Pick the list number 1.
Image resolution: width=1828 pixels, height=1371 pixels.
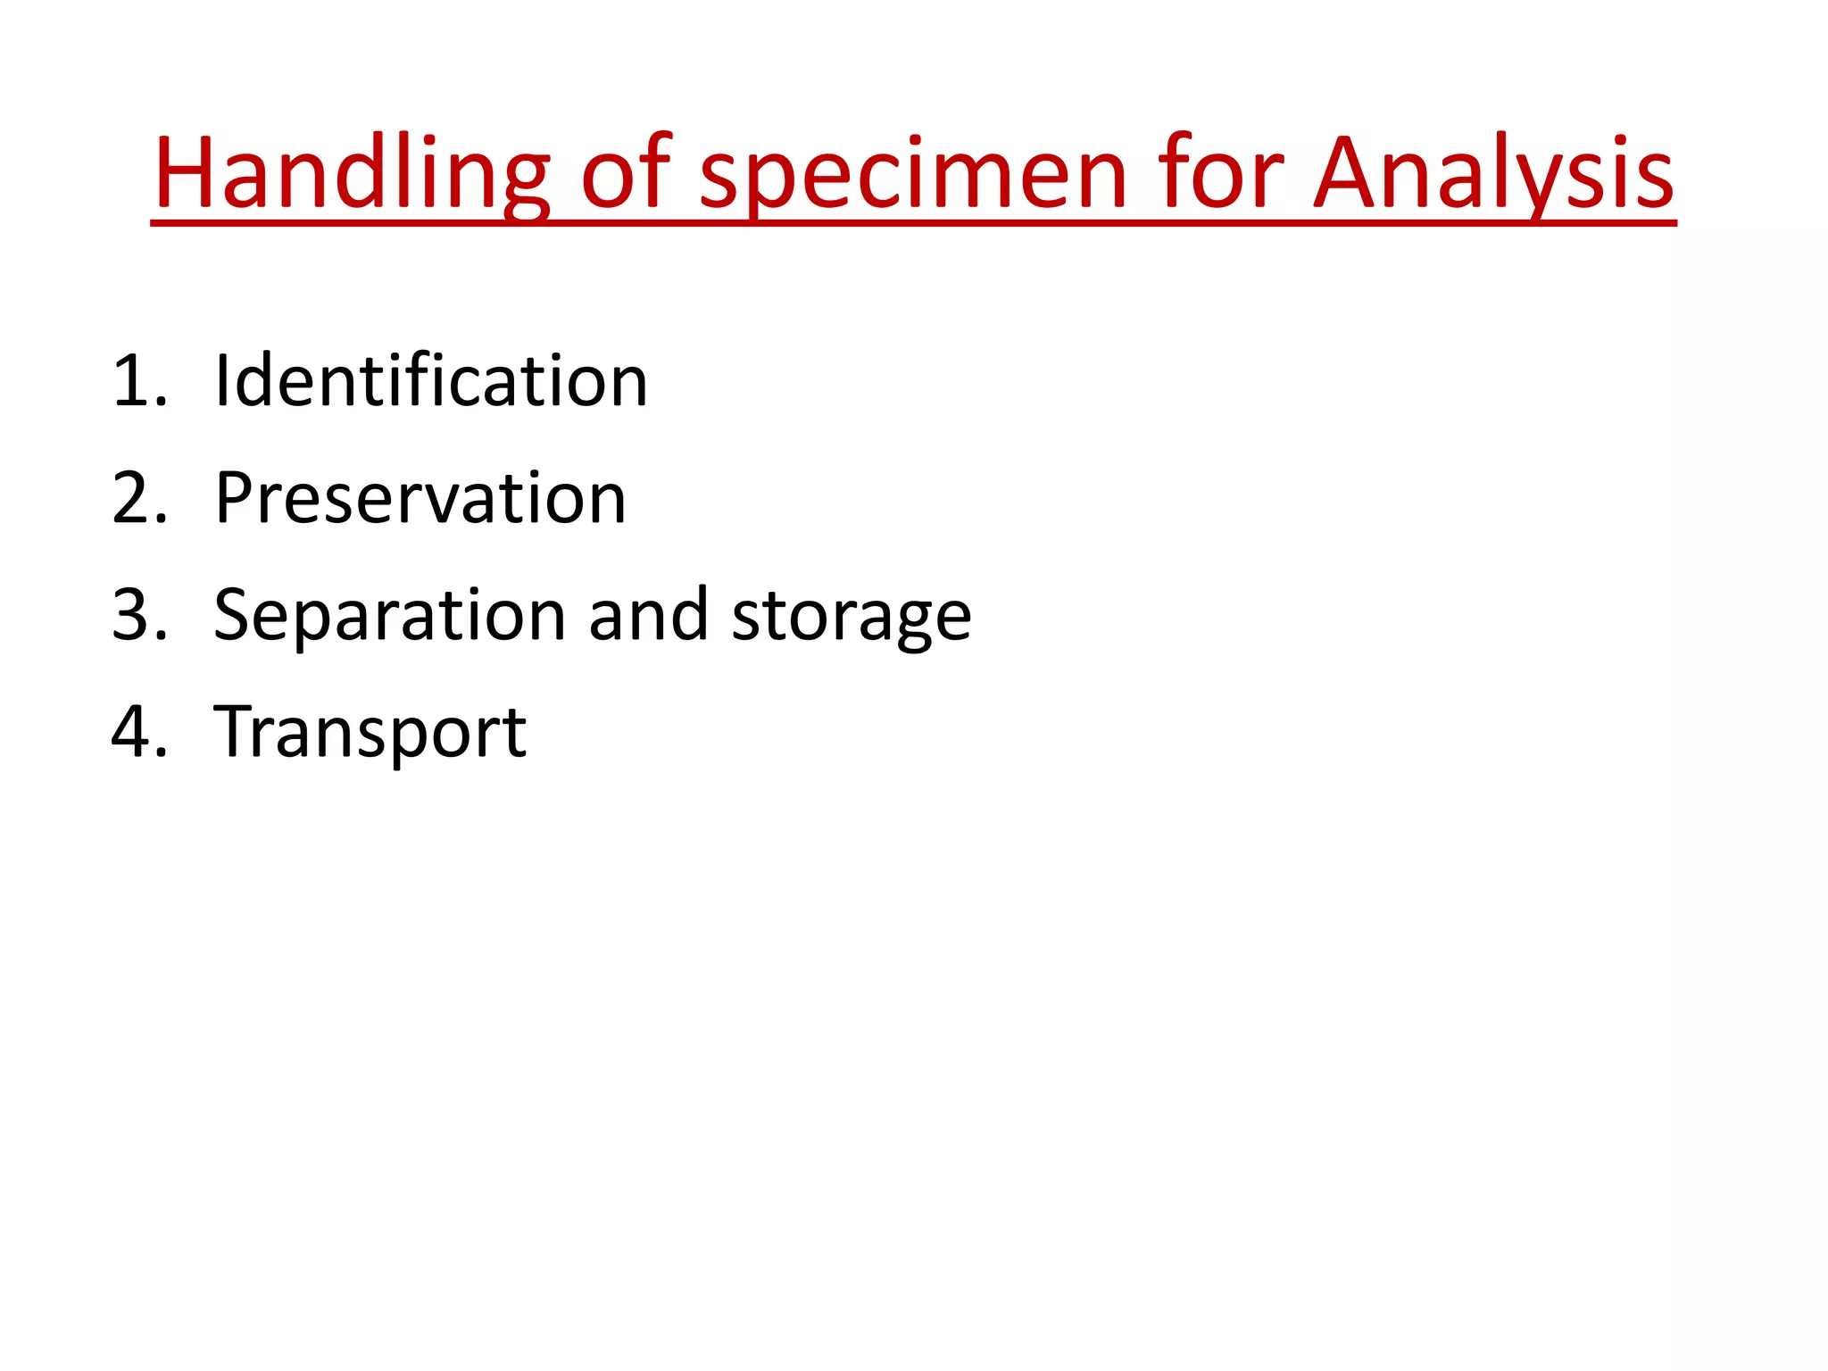coord(137,382)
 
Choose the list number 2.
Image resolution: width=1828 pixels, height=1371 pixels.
coord(139,499)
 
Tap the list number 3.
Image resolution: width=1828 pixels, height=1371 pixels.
coord(139,616)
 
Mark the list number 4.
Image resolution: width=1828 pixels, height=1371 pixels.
coord(139,733)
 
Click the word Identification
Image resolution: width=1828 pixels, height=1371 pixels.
coord(431,381)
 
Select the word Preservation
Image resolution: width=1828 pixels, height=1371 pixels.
coord(420,498)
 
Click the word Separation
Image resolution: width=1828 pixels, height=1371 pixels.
coord(390,616)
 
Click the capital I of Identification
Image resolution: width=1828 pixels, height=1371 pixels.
coord(222,381)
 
